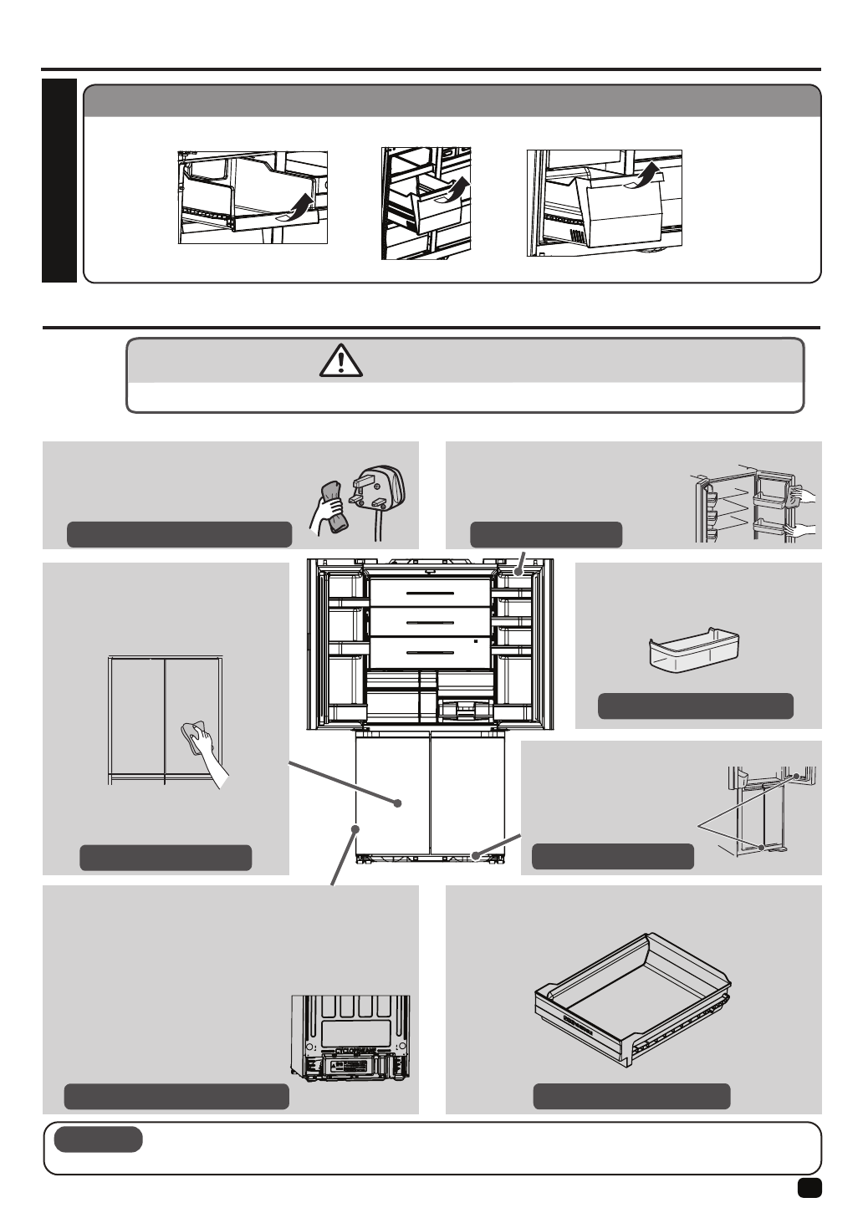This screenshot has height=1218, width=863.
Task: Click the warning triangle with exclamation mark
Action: (340, 360)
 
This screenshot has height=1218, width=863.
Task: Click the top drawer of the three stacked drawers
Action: (426, 593)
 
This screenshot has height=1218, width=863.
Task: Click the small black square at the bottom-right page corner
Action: (809, 1188)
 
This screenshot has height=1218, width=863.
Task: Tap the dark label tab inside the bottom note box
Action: (98, 1139)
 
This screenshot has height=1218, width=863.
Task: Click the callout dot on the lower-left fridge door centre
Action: (398, 803)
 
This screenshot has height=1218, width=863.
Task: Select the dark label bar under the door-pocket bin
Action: (695, 706)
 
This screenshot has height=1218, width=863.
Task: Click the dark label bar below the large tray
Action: (631, 1097)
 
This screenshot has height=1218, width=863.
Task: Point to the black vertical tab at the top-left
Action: (59, 181)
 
